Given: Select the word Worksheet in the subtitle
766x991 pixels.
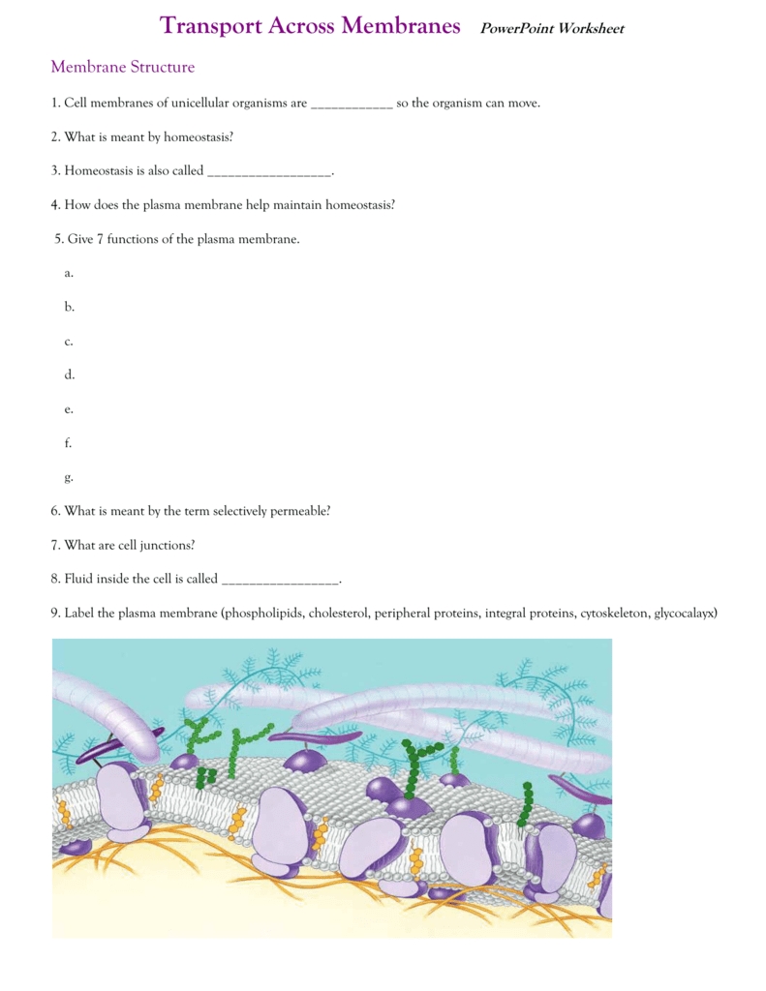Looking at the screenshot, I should [593, 29].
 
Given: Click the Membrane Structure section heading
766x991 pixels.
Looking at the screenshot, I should [122, 67].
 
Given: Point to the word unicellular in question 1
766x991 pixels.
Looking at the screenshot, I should [226, 103].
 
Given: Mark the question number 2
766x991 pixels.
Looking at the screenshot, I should [55, 137].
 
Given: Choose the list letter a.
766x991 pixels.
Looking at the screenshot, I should [69, 273].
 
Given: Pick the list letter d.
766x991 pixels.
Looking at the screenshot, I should [69, 375].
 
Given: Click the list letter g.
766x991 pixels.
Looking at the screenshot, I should [69, 477].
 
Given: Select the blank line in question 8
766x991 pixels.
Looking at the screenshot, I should [280, 581].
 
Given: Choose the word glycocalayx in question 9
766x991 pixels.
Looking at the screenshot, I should [686, 613].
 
